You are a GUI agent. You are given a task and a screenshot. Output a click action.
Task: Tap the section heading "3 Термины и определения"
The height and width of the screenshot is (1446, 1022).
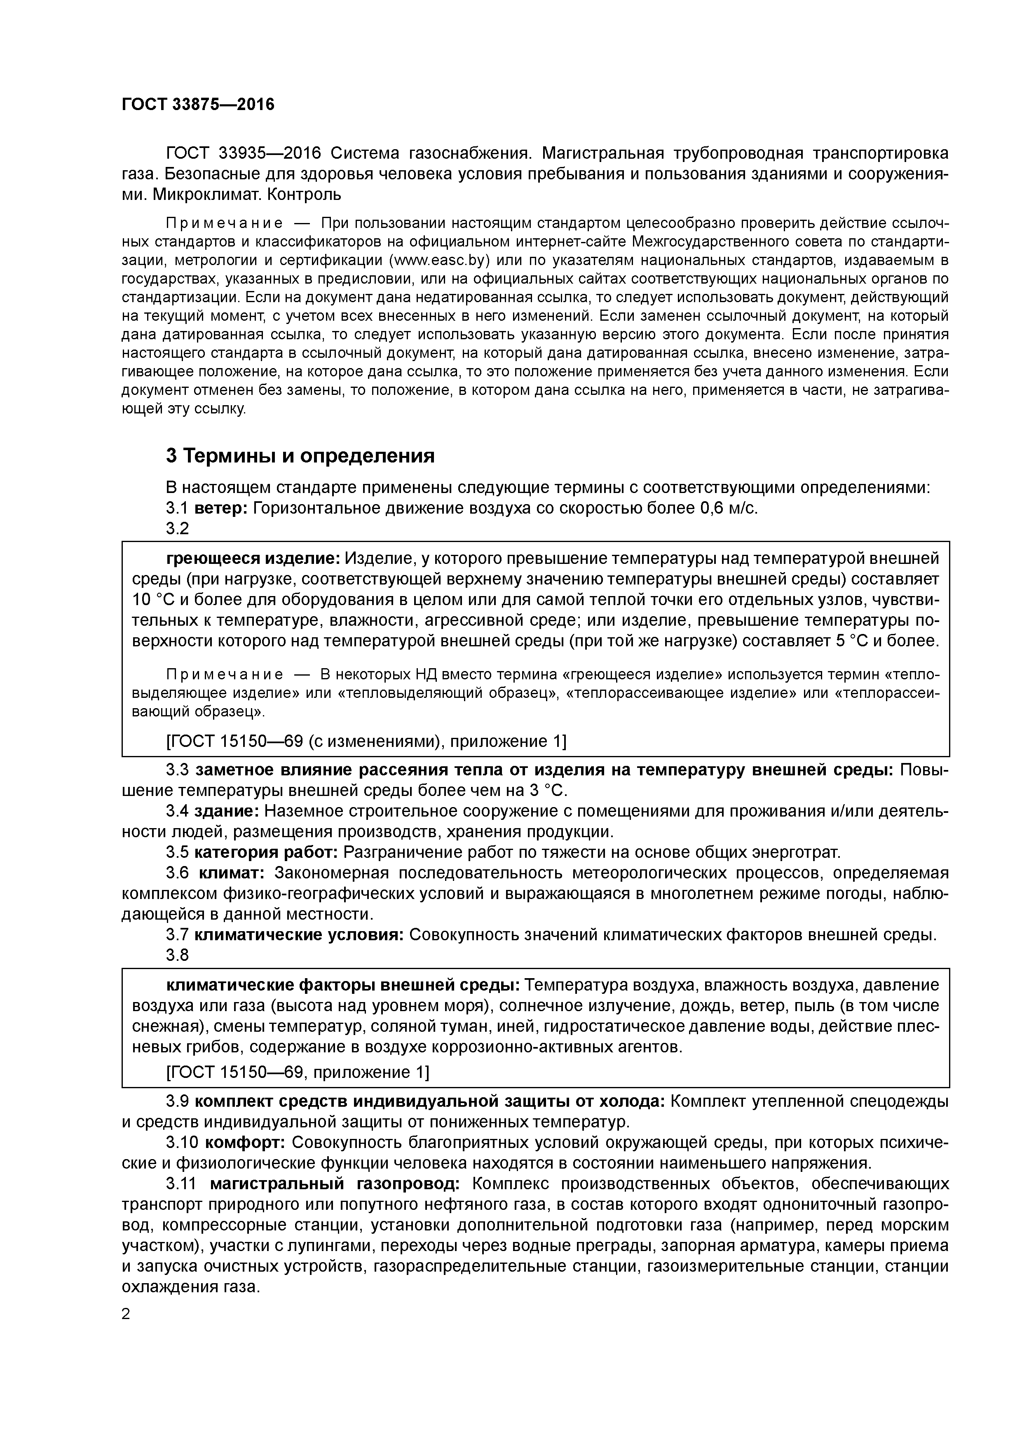300,455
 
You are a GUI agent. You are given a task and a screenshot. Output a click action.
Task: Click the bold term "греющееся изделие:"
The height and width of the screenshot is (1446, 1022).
253,559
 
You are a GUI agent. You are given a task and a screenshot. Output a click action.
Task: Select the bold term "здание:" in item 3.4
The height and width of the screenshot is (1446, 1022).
226,811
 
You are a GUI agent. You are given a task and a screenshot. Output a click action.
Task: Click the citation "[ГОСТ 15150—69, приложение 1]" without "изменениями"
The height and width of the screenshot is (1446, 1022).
297,1073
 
